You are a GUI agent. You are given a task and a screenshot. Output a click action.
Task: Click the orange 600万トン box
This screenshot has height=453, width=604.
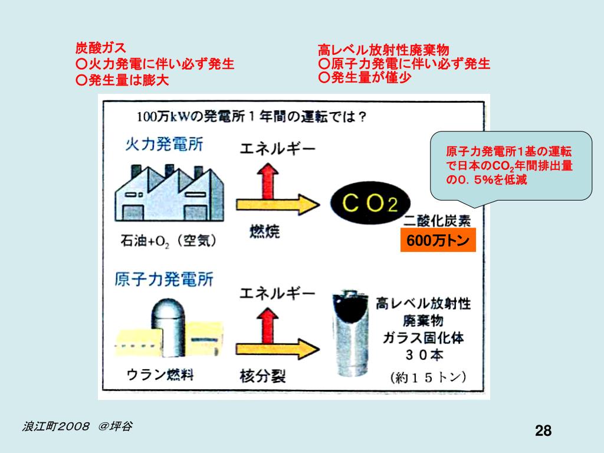(x=438, y=241)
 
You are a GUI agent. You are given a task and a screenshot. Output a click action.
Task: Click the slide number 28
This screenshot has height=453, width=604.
(x=543, y=431)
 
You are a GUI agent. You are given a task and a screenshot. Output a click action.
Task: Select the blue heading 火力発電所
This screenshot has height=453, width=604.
(x=164, y=144)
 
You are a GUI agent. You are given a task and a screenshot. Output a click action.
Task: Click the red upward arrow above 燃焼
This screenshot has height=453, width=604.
(x=270, y=180)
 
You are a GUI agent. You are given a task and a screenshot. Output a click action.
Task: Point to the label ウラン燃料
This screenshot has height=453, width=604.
(x=160, y=375)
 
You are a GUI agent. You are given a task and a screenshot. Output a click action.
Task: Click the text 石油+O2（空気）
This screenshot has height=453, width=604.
(x=169, y=241)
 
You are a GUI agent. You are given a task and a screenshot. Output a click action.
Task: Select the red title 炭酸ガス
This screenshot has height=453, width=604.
(x=100, y=48)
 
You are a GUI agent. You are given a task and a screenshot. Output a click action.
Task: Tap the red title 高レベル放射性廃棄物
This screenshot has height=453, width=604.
(x=383, y=50)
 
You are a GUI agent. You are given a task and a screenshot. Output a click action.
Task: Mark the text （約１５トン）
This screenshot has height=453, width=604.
(x=428, y=377)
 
